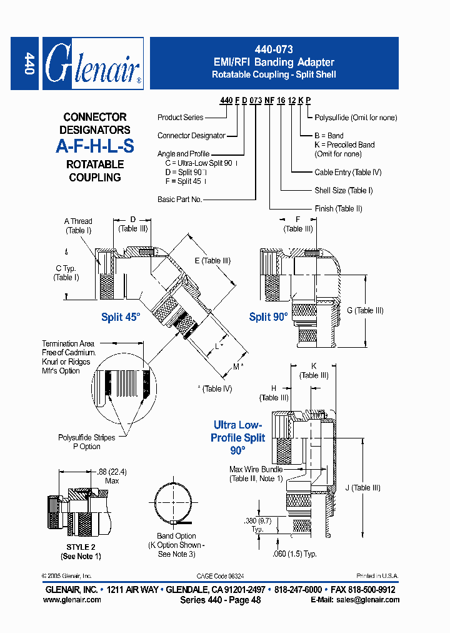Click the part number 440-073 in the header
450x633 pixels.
[x=274, y=49]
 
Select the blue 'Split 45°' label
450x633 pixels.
[x=121, y=317]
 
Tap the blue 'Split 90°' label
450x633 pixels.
[x=268, y=316]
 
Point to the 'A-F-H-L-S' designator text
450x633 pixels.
[x=95, y=147]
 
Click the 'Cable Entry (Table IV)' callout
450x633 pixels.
[x=347, y=172]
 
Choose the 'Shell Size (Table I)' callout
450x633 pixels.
[x=343, y=190]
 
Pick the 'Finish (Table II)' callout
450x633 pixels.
[x=338, y=208]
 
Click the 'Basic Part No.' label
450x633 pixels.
[x=179, y=199]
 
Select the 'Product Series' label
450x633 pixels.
[x=180, y=117]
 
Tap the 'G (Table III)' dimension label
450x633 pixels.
[x=365, y=310]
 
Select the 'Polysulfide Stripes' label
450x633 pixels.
[x=87, y=438]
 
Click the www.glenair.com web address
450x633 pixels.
[x=72, y=600]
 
